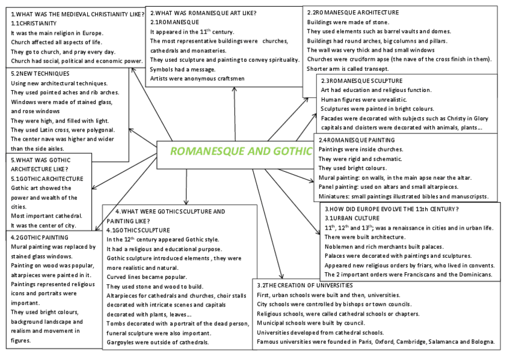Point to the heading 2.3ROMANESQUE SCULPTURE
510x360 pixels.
point(362,81)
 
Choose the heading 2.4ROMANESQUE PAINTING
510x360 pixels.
point(357,139)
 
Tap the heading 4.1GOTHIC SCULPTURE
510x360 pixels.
point(138,230)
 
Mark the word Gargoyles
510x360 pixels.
point(123,342)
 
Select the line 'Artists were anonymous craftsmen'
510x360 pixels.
point(197,79)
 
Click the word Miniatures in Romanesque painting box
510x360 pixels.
point(335,196)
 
